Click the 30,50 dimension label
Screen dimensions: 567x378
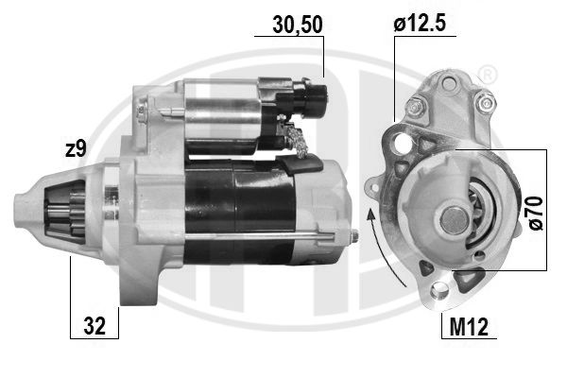coord(298,25)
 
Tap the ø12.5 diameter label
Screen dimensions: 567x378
coord(420,24)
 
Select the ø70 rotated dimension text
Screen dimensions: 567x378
coord(536,213)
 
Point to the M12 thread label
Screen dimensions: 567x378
coord(469,327)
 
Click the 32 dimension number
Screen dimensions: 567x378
coord(94,326)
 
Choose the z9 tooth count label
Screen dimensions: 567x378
coord(76,148)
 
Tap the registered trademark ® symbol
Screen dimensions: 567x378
coord(488,75)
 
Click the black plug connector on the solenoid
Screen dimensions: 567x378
coord(311,95)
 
